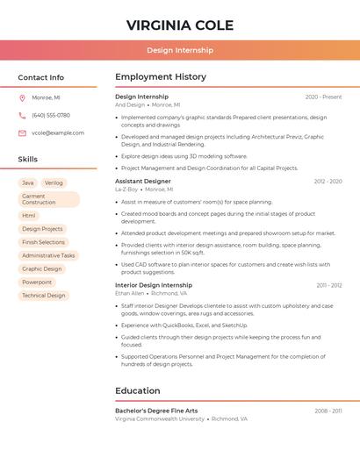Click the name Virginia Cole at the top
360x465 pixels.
[179, 25]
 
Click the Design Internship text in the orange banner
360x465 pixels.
[179, 51]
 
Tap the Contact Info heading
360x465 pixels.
[40, 77]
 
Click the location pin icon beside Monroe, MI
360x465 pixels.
[22, 97]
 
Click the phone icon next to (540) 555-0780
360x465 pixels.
[22, 115]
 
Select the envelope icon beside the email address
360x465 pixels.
[22, 133]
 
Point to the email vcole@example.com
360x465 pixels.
[58, 133]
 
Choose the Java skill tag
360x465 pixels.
[28, 182]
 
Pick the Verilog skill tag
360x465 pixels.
[54, 182]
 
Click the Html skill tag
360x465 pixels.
[29, 215]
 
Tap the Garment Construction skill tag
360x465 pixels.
[48, 199]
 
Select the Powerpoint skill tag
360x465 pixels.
[37, 283]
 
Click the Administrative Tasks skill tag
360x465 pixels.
[48, 255]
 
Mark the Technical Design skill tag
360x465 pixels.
[44, 296]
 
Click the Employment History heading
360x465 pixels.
[161, 77]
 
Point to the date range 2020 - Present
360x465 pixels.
[323, 97]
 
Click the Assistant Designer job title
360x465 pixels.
[143, 182]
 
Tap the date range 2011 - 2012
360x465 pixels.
[329, 285]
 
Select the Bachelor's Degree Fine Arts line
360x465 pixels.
[156, 411]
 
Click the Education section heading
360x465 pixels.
[138, 390]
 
